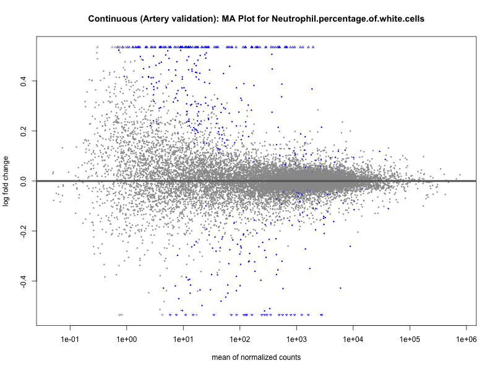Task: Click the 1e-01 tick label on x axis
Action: coord(70,339)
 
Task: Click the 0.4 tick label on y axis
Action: coord(23,81)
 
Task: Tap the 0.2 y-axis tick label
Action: coord(23,131)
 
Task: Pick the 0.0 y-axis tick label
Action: coord(23,181)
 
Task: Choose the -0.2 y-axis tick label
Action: coord(23,231)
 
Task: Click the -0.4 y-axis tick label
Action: coord(23,281)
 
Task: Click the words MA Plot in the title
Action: coord(234,19)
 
